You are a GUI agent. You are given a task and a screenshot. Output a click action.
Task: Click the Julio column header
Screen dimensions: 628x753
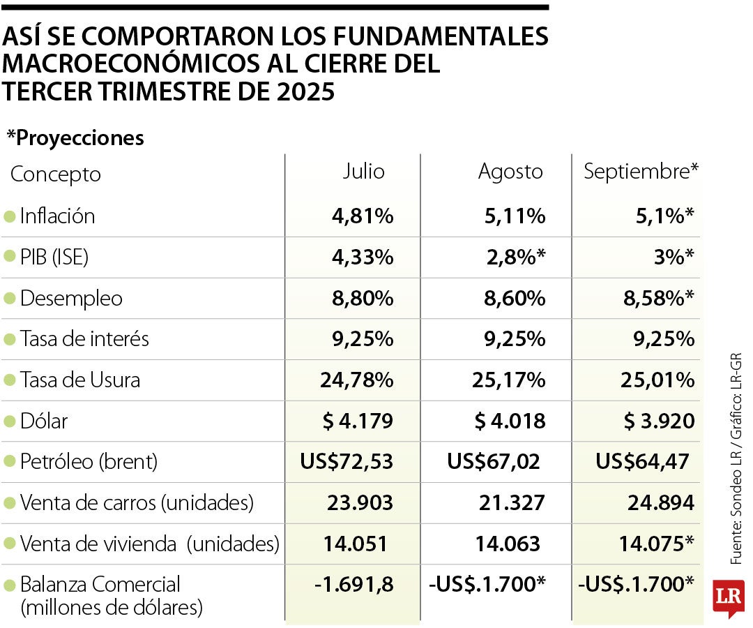click(363, 172)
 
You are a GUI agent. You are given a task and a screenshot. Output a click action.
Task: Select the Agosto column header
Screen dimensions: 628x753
click(510, 172)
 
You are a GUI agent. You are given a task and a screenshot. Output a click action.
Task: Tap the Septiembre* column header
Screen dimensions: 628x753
click(641, 172)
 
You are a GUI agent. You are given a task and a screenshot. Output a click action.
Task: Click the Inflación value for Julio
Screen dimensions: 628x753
click(363, 216)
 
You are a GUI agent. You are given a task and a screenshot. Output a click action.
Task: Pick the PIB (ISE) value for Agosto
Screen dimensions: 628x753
click(515, 257)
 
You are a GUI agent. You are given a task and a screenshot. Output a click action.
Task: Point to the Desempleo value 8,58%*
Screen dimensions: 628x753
click(657, 299)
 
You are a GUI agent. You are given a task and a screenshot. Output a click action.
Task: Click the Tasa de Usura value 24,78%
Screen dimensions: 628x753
click(357, 380)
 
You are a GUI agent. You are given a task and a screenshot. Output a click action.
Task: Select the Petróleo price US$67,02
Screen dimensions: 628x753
click(494, 462)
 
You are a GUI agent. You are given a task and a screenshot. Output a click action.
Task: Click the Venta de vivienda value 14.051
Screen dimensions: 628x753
click(356, 544)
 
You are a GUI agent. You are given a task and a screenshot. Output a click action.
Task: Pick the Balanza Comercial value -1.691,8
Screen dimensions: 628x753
click(354, 585)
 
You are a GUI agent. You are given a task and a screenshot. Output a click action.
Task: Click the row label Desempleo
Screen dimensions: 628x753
click(71, 299)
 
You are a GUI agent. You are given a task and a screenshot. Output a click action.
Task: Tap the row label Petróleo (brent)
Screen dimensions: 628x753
click(89, 462)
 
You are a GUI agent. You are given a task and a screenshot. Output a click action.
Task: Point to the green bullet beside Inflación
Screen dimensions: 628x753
click(9, 216)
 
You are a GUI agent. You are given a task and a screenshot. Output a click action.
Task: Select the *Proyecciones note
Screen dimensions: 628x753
click(75, 138)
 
